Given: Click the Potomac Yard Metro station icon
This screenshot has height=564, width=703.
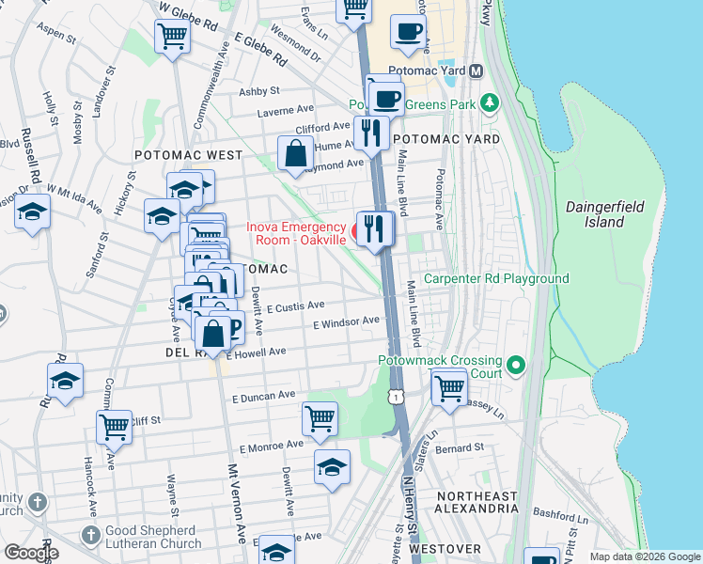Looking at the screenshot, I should (x=476, y=71).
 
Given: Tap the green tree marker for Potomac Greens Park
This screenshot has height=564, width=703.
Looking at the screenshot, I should (x=488, y=102).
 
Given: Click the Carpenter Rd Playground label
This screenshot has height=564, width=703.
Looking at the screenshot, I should (x=496, y=278).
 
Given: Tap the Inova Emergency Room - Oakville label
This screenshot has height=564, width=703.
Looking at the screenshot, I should (x=294, y=233).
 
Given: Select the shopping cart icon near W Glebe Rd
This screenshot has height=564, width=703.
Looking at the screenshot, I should (x=173, y=37).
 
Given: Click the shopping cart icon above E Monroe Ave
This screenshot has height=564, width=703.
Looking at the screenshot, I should (x=320, y=418).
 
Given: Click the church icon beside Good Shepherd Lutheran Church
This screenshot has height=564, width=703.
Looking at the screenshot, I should (x=90, y=535).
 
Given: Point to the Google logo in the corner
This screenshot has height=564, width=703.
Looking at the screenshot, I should (x=31, y=553).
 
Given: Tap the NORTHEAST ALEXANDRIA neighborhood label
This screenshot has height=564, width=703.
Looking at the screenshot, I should (x=476, y=502).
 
